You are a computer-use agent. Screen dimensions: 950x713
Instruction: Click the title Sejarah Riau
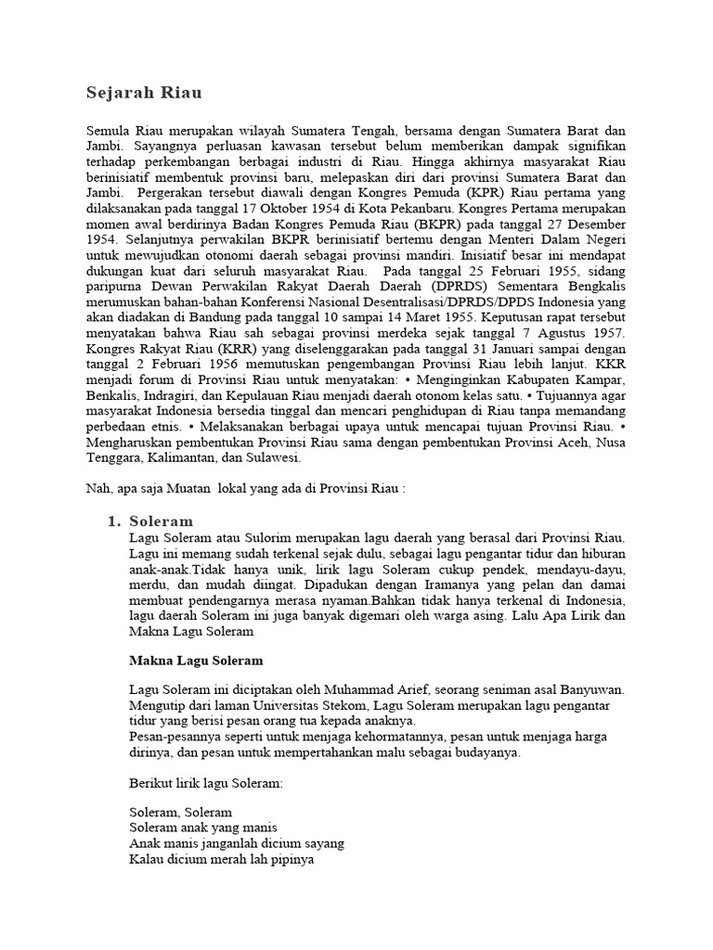coord(145,94)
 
